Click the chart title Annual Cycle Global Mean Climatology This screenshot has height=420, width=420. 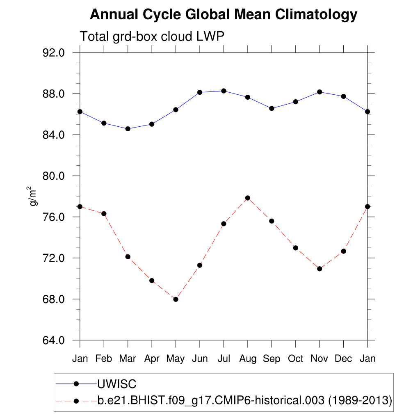click(224, 15)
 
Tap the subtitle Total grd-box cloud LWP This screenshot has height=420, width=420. click(152, 37)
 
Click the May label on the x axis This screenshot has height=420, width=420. click(176, 359)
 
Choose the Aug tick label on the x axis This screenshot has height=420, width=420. click(247, 359)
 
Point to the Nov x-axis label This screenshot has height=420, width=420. click(320, 359)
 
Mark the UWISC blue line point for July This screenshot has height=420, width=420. click(224, 91)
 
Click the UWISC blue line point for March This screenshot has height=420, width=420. click(128, 129)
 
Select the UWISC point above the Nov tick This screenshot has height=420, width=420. click(320, 92)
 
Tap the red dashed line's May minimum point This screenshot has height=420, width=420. click(176, 299)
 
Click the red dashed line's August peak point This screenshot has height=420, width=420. click(247, 198)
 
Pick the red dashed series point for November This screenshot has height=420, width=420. click(320, 269)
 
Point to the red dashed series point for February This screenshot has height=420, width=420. click(104, 214)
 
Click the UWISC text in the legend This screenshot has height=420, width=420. click(116, 384)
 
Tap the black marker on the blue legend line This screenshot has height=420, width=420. click(76, 384)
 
